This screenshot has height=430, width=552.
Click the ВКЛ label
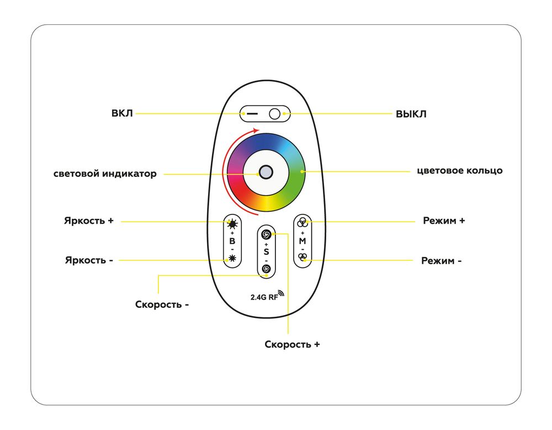pos(122,114)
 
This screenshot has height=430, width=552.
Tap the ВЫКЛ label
pos(411,114)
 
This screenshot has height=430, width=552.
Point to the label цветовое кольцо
pos(459,170)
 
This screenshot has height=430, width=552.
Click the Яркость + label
pos(89,221)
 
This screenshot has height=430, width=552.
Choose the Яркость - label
pos(89,260)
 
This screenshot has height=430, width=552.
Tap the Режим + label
pos(444,221)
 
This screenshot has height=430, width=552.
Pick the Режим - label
pos(442,260)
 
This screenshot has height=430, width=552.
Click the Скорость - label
pos(162,304)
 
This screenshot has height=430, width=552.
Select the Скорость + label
pos(293,344)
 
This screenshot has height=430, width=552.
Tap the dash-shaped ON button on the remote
pos(252,114)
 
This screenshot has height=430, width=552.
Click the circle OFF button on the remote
pos(275,114)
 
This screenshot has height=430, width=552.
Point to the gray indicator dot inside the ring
pos(266,172)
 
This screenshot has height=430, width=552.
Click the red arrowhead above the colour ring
pos(254,131)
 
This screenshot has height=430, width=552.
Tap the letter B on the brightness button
pos(232,242)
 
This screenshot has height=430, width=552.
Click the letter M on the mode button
pos(302,242)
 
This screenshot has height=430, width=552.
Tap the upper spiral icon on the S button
pos(266,234)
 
